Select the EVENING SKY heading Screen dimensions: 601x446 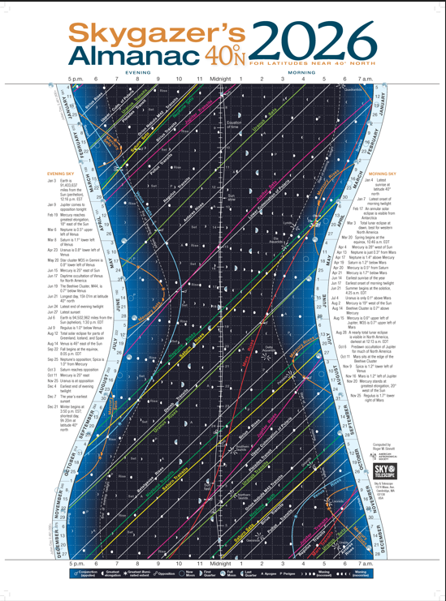62,174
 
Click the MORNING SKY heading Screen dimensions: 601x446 382,174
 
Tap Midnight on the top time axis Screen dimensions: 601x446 220,79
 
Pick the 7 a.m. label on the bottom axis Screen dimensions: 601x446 366,562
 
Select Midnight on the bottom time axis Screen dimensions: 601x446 220,562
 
